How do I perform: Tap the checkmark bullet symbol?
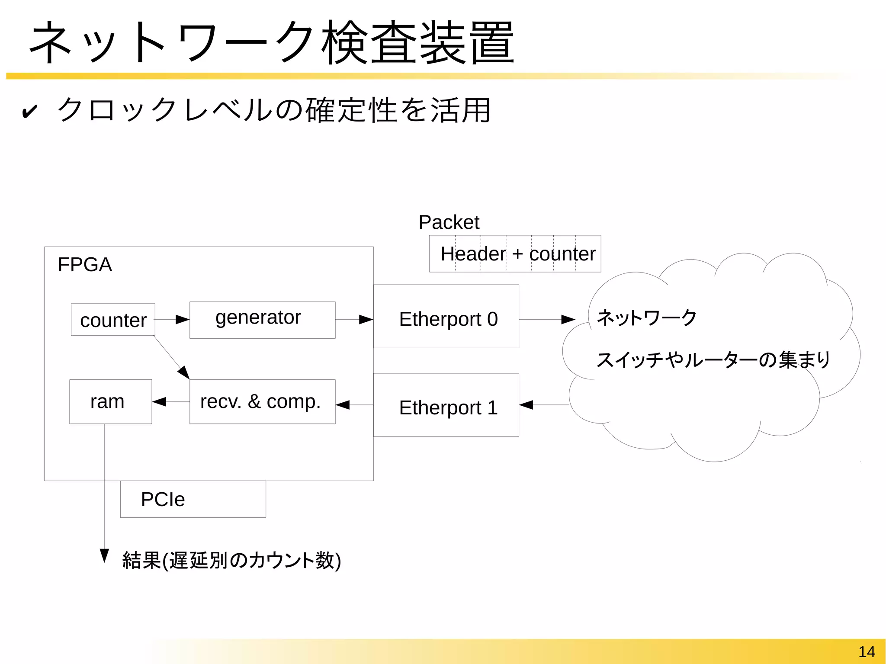(x=29, y=112)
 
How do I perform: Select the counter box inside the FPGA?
(x=113, y=320)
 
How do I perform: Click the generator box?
(x=262, y=320)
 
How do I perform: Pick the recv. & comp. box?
(x=262, y=401)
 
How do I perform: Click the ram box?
(x=110, y=401)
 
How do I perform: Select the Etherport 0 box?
(x=446, y=316)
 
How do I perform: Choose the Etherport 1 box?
(x=446, y=405)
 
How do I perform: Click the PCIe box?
(x=193, y=499)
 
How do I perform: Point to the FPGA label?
(x=85, y=264)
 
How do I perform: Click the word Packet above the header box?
(x=449, y=222)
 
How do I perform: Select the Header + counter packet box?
(x=515, y=254)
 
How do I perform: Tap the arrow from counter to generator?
(x=172, y=320)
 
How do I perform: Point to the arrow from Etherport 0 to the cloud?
(x=547, y=320)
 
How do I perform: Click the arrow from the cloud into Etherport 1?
(x=544, y=405)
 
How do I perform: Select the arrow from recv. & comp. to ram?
(x=170, y=402)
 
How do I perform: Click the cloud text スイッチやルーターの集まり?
(x=713, y=360)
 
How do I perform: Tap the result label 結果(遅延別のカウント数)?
(x=231, y=560)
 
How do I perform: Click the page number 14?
(x=866, y=651)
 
